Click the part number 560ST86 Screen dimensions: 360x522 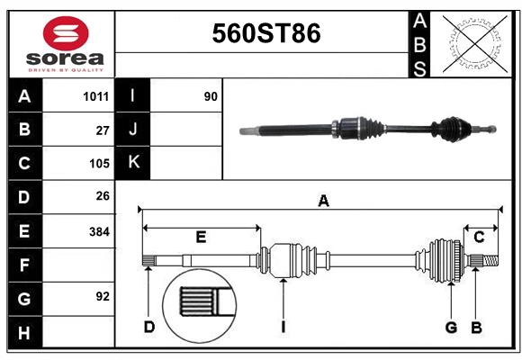[265, 33]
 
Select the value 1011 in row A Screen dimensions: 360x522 [96, 95]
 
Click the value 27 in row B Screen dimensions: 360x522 [103, 130]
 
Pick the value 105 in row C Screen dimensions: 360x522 [99, 164]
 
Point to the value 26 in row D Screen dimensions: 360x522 [103, 196]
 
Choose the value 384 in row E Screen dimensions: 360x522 [99, 231]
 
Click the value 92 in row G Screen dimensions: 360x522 [103, 296]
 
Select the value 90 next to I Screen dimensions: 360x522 [211, 95]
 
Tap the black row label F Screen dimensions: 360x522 [24, 265]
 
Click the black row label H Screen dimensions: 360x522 [24, 332]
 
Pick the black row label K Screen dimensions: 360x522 [133, 163]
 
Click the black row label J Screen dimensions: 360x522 [133, 130]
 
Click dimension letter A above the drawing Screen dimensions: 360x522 [323, 202]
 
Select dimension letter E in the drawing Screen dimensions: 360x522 [201, 238]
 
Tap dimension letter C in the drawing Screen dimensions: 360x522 [480, 237]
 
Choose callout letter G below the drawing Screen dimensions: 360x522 [452, 327]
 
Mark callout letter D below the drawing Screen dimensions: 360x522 [149, 327]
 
